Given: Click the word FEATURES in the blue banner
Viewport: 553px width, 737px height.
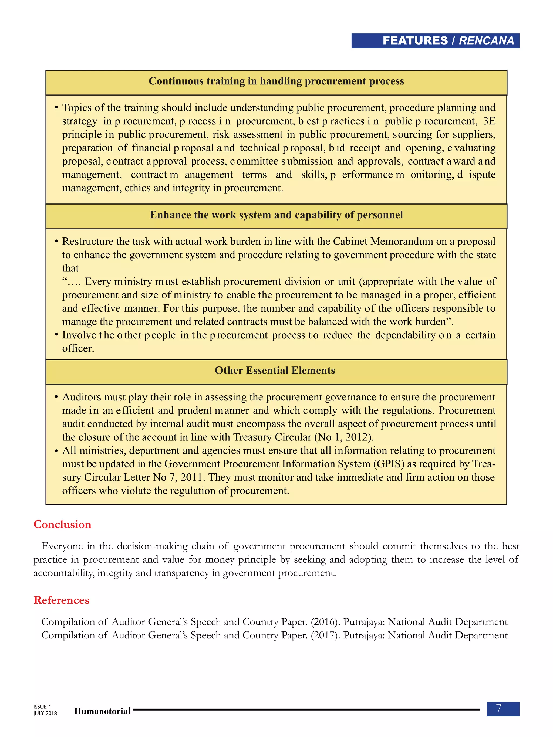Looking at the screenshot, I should tap(415, 41).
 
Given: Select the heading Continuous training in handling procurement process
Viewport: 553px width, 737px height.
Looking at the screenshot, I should tap(276, 81).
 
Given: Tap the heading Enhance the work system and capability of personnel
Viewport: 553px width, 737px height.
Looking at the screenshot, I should tap(276, 215).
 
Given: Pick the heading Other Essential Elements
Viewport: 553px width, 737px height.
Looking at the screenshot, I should tap(275, 371).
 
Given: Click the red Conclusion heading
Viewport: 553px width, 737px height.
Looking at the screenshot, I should tap(62, 524).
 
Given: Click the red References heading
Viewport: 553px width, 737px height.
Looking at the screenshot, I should tap(61, 600).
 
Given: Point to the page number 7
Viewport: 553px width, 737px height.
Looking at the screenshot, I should tap(499, 708).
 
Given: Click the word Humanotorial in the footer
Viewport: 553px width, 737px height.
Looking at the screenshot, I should tap(102, 711).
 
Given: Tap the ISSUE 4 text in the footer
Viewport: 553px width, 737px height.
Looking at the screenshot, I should tap(42, 706).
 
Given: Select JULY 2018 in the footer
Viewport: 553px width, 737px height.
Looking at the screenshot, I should tap(45, 713).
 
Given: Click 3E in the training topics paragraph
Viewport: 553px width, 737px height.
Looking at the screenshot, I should tap(489, 121).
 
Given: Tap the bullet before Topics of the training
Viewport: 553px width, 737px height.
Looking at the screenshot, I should tap(56, 108).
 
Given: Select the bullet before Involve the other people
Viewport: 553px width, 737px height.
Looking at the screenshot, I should tap(56, 335).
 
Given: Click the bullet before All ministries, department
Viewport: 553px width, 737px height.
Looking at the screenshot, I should tap(56, 451).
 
